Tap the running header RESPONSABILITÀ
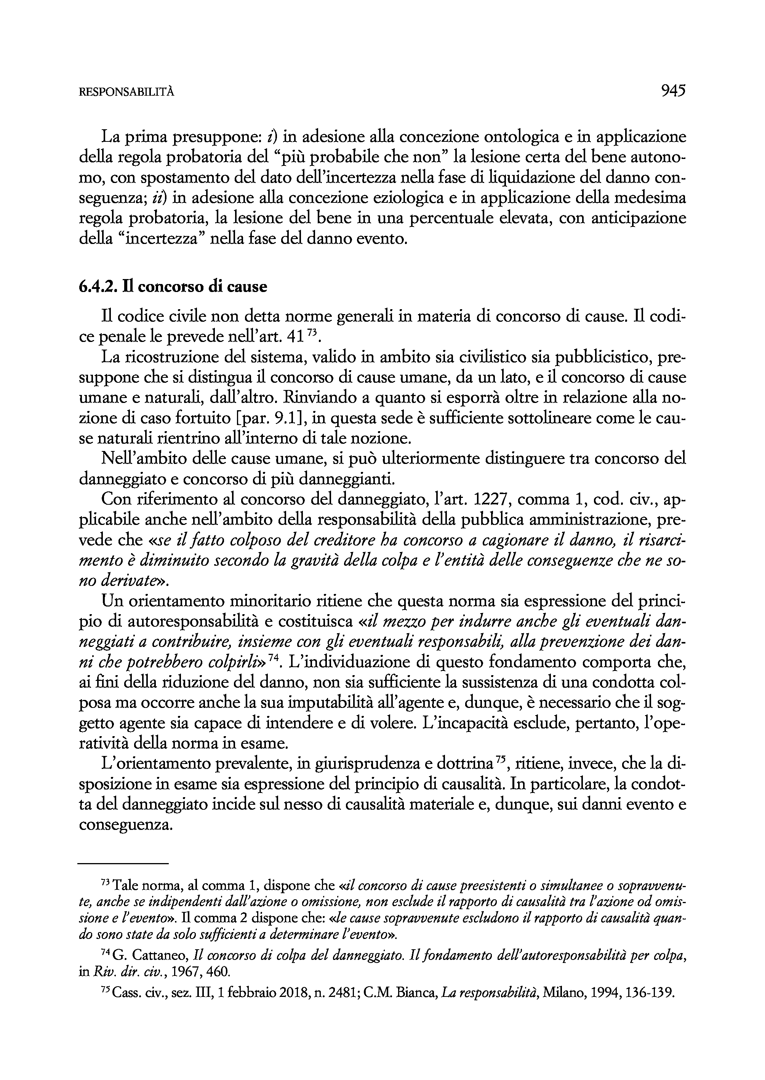point(126,92)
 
